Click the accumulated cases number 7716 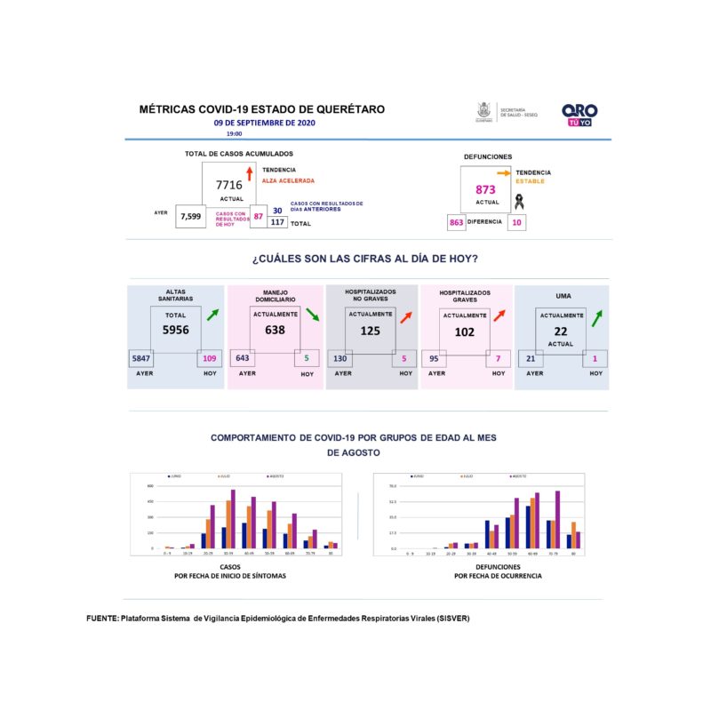228,184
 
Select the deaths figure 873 485,189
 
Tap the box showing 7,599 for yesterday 191,216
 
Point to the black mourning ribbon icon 517,201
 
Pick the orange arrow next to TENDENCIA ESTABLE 503,172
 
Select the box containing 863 457,222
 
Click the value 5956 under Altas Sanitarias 176,329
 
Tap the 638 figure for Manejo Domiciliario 276,329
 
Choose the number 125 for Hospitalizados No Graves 369,332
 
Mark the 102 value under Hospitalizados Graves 464,332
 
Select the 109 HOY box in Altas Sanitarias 210,358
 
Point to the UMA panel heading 563,295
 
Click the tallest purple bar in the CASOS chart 233,519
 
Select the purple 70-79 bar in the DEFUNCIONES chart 557,520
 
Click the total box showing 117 276,223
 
